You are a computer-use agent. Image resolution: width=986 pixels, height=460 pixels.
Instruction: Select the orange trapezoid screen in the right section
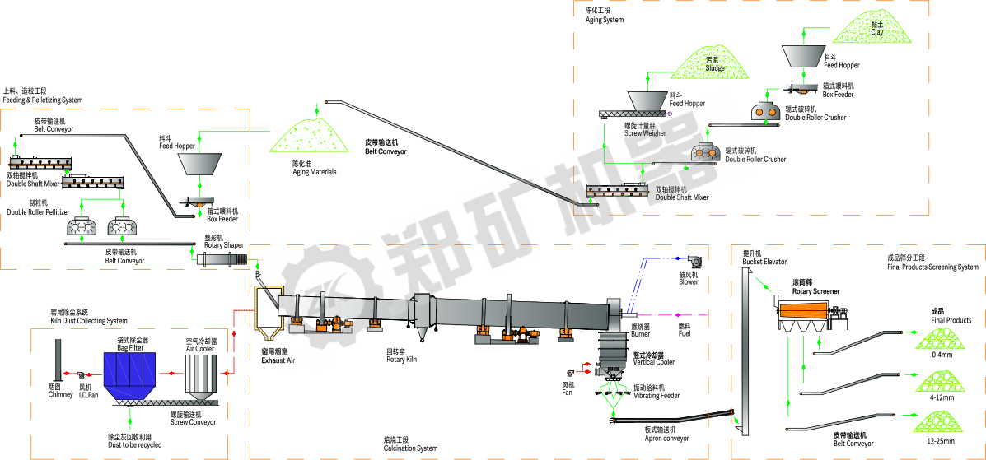click(x=802, y=310)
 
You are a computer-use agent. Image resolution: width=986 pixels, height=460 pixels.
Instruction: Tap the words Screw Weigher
click(x=645, y=132)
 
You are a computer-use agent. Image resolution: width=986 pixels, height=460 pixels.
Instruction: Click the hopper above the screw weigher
click(x=647, y=100)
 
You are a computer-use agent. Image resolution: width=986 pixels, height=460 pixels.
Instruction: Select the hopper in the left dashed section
click(x=199, y=163)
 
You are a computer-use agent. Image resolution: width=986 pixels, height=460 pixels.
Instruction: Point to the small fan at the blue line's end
click(x=695, y=262)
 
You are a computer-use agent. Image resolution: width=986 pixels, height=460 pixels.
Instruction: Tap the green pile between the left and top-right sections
click(x=310, y=135)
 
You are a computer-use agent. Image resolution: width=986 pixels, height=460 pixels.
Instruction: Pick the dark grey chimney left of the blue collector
click(x=58, y=359)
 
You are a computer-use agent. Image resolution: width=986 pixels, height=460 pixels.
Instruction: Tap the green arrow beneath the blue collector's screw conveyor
click(x=129, y=418)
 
